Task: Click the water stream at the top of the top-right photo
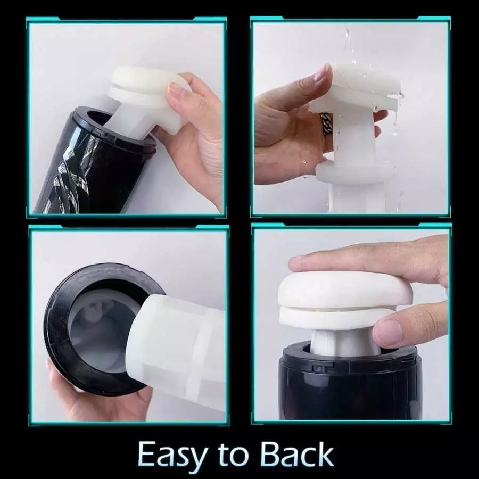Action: click(x=347, y=46)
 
